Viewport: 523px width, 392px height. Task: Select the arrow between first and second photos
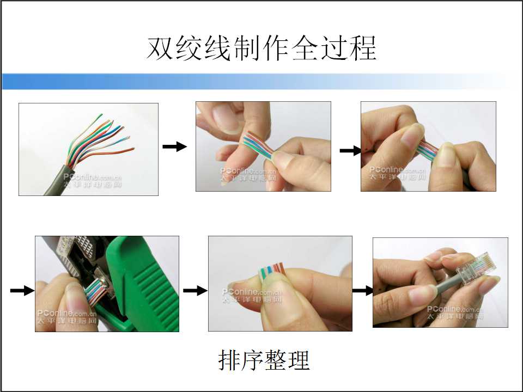pos(174,146)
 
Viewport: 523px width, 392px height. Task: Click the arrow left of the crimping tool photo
pos(22,291)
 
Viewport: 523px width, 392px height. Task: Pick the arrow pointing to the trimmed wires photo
pos(195,291)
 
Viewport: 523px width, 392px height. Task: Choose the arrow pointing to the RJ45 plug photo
pos(362,291)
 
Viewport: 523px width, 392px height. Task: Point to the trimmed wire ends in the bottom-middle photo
pos(271,268)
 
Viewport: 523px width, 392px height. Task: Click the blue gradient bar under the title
pos(218,82)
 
